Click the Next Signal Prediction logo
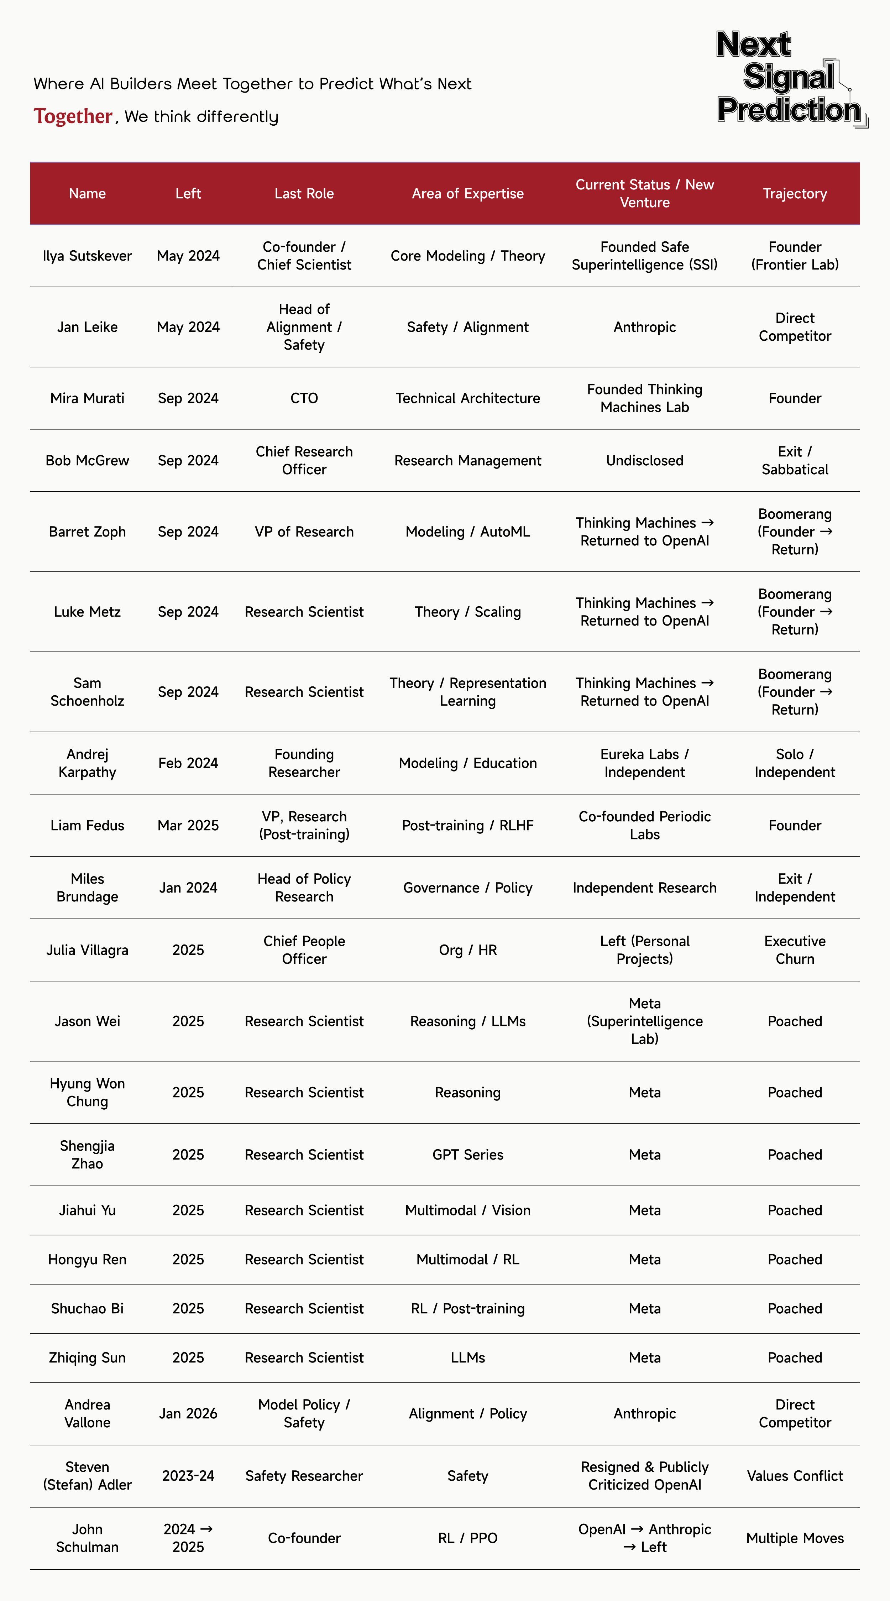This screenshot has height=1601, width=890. pyautogui.click(x=789, y=78)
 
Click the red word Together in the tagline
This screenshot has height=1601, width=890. pyautogui.click(x=73, y=116)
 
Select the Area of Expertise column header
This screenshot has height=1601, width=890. pyautogui.click(x=467, y=193)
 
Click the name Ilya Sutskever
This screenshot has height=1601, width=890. pyautogui.click(x=87, y=256)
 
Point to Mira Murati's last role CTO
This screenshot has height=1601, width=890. pyautogui.click(x=304, y=398)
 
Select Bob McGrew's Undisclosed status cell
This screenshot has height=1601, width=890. pyautogui.click(x=644, y=461)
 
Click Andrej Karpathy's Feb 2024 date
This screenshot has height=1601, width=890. pyautogui.click(x=188, y=763)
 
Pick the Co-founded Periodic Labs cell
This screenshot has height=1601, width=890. pyautogui.click(x=644, y=825)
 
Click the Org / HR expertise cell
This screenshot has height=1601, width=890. pyautogui.click(x=467, y=950)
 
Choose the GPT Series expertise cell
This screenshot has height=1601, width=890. pyautogui.click(x=467, y=1155)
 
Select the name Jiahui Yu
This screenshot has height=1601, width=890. pyautogui.click(x=87, y=1210)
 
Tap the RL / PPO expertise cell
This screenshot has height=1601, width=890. pyautogui.click(x=467, y=1538)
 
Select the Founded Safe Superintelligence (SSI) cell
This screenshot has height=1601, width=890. pyautogui.click(x=644, y=256)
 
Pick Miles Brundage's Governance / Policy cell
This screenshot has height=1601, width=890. pyautogui.click(x=467, y=888)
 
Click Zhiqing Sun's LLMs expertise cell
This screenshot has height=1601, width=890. pyautogui.click(x=467, y=1357)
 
